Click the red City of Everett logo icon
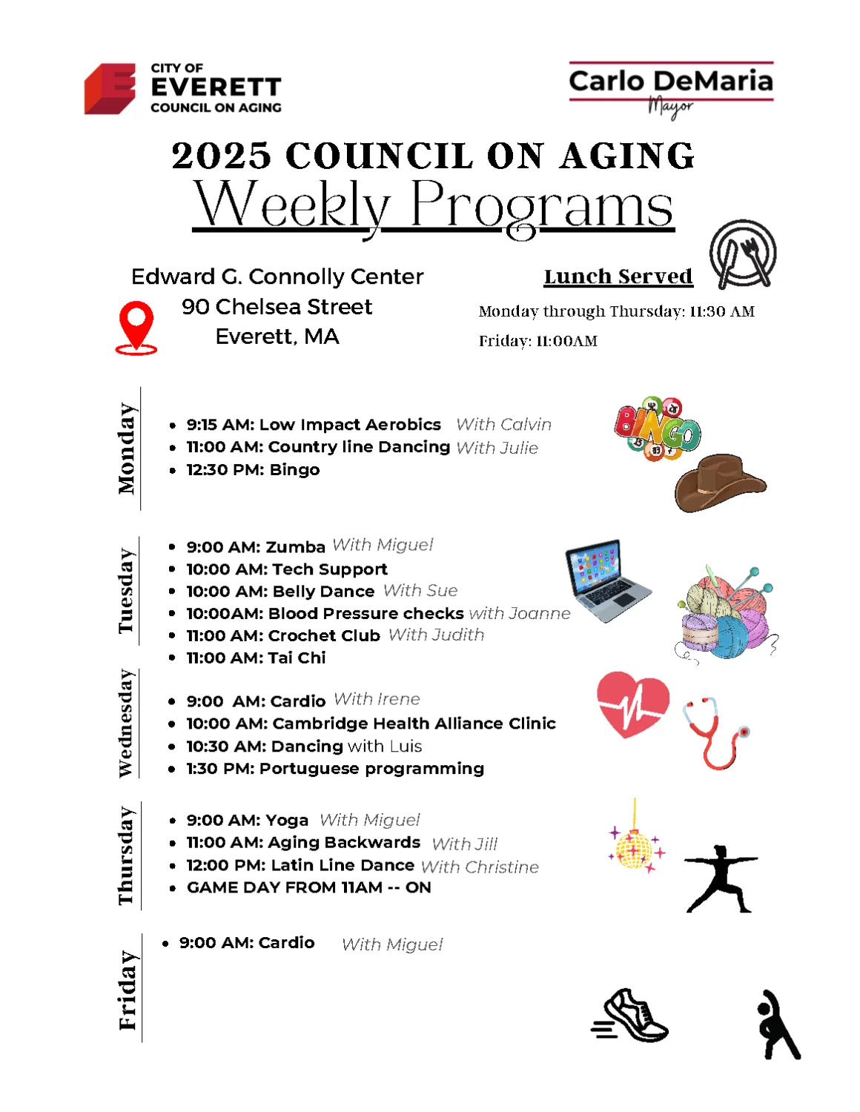point(110,88)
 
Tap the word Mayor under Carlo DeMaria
point(670,107)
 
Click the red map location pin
point(136,327)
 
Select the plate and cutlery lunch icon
point(742,254)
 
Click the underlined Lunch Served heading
point(618,277)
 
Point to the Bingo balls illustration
point(658,428)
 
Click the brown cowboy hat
point(719,482)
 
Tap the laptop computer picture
point(607,580)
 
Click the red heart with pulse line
point(632,704)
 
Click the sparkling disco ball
point(635,847)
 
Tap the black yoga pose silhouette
point(720,878)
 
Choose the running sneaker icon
point(631,1015)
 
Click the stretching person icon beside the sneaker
point(778,1025)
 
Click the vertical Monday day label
point(127,449)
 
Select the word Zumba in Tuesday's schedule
point(295,547)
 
